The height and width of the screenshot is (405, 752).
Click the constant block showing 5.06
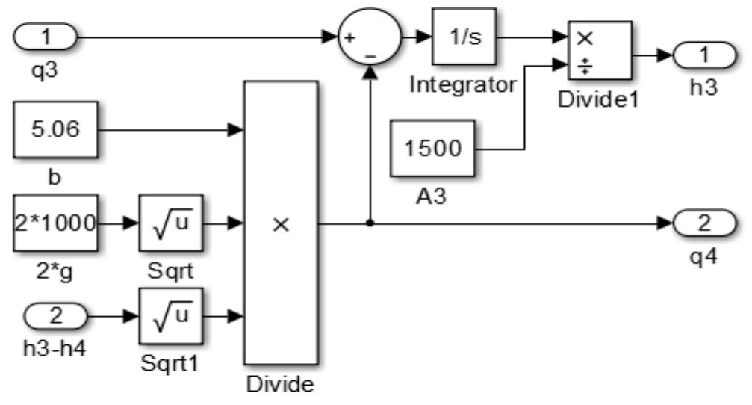click(56, 131)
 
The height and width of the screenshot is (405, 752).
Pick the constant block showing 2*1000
click(56, 223)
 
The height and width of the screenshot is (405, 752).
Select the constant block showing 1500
click(432, 148)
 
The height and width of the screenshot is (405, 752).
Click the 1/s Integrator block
click(463, 37)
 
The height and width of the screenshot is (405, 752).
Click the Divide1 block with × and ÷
click(600, 51)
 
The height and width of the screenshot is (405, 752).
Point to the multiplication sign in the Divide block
click(280, 223)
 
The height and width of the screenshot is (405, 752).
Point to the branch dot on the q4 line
click(369, 223)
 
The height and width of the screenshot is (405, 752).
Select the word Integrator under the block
click(463, 84)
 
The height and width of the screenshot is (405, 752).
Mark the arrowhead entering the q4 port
click(666, 223)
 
